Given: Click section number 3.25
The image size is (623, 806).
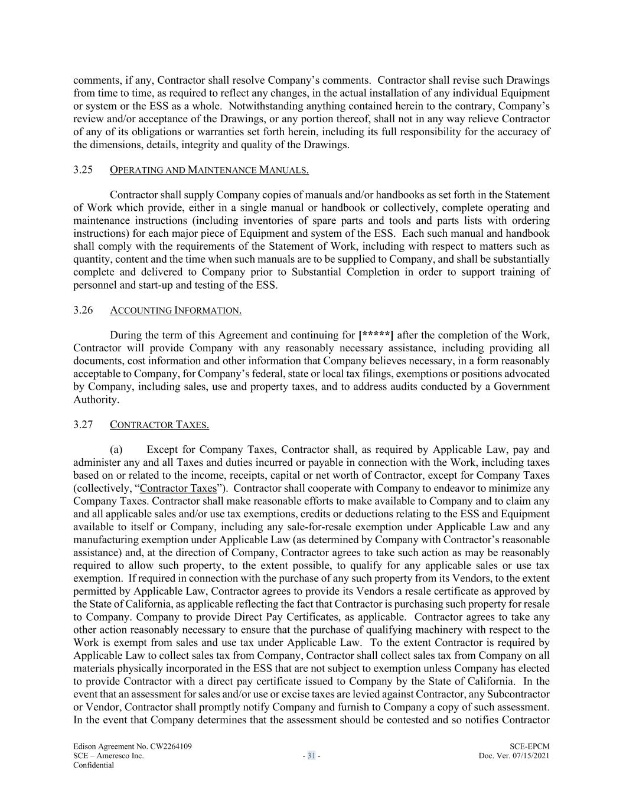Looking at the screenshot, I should click(x=83, y=170).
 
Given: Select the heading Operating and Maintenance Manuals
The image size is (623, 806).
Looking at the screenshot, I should click(x=209, y=171).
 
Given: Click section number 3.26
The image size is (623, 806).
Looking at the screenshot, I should click(x=83, y=310).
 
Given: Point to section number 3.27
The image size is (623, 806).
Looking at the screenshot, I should click(x=83, y=425).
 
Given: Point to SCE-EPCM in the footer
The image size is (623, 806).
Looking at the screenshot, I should click(x=529, y=746).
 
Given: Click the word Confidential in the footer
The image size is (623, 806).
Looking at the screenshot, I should click(x=93, y=765).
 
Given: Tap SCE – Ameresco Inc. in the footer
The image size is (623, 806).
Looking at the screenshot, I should click(x=108, y=755).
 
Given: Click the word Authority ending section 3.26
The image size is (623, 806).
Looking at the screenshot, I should click(x=95, y=400).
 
